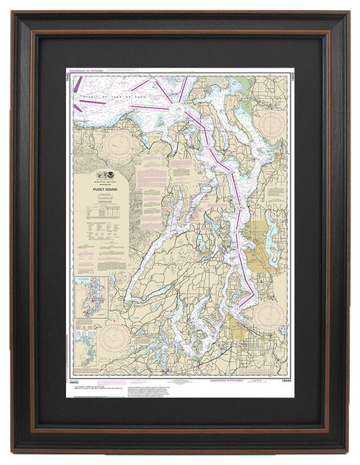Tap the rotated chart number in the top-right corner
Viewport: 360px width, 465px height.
click(x=288, y=76)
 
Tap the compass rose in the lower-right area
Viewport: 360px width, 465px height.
click(x=266, y=315)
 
